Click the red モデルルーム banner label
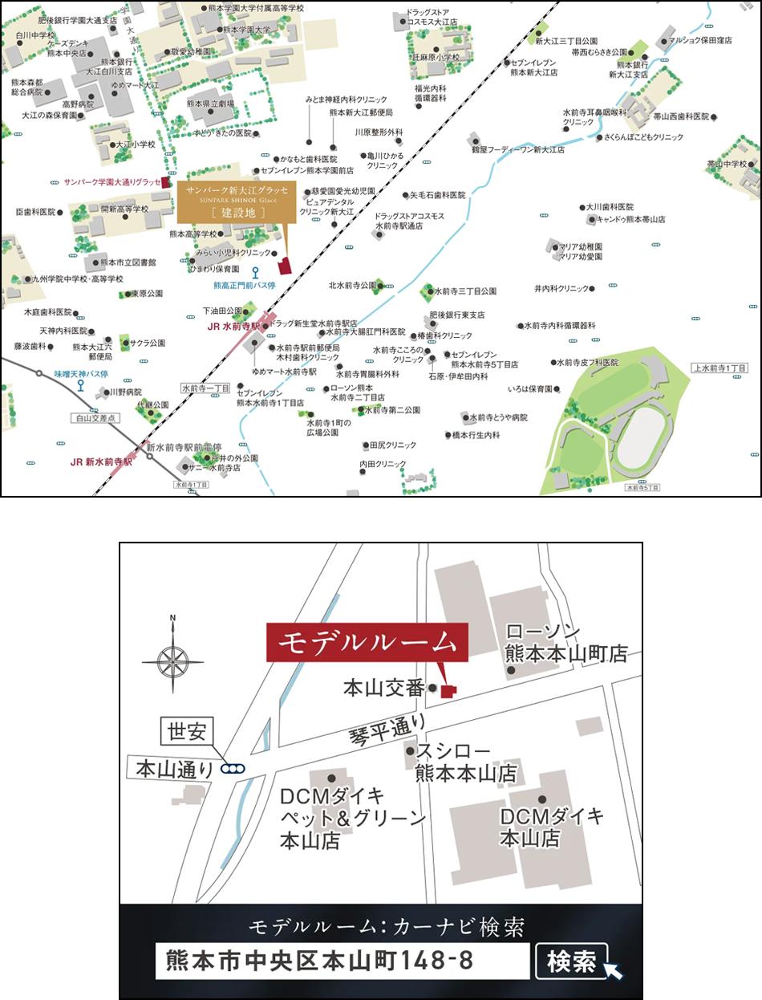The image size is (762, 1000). click(367, 642)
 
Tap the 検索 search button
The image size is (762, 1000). click(571, 961)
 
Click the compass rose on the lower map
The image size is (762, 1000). click(172, 661)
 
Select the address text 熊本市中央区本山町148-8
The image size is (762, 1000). click(319, 961)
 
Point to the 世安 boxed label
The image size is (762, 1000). click(187, 732)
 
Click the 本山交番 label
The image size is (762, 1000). click(383, 688)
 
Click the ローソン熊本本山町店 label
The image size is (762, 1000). click(565, 642)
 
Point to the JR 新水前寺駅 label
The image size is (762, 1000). click(101, 461)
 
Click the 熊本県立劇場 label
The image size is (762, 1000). click(210, 104)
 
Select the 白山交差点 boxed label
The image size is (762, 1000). click(95, 418)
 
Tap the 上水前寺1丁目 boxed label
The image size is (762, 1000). click(719, 367)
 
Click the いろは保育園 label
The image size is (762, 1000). click(530, 389)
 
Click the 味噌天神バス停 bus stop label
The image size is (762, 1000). click(81, 373)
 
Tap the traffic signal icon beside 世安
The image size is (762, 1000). click(235, 768)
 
